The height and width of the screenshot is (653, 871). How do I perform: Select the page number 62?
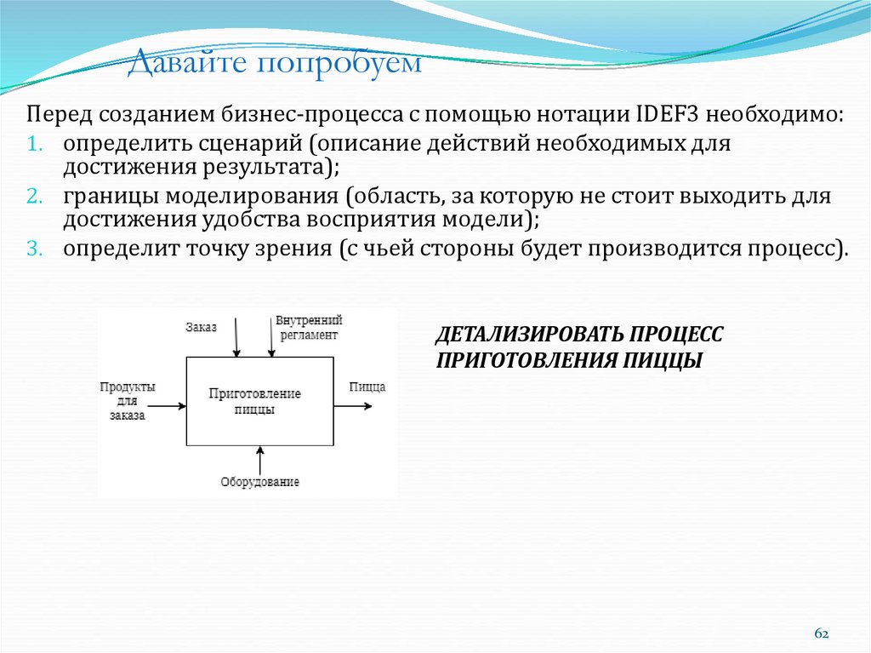(822, 633)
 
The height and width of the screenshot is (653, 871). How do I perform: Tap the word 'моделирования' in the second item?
(258, 197)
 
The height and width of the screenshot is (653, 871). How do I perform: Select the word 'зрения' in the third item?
(288, 249)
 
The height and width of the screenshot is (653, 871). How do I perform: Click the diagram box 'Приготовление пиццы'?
(259, 401)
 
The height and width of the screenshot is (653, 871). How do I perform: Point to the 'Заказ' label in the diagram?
(201, 326)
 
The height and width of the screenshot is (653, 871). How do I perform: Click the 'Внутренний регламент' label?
(308, 328)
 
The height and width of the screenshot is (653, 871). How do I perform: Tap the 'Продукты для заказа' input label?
(127, 401)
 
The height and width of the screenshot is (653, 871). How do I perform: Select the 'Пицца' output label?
(367, 387)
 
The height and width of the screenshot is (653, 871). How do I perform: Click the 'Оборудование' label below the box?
(259, 482)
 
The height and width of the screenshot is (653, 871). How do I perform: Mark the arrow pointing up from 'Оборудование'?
(259, 459)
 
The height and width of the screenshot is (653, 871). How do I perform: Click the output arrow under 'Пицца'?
(353, 406)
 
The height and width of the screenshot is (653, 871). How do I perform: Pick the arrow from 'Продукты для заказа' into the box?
(166, 406)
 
